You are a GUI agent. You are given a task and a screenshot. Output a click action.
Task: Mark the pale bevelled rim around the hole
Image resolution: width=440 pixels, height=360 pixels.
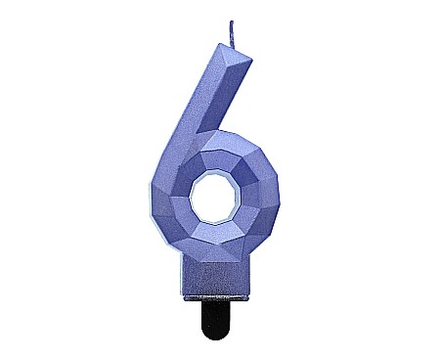196,186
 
